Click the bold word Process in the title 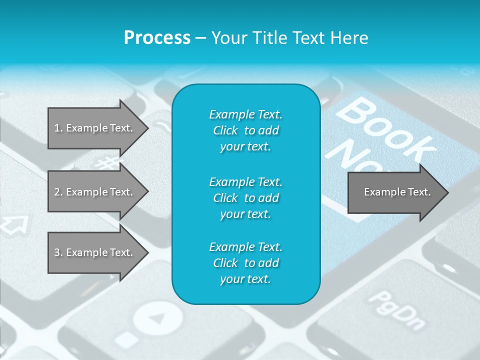tap(157, 37)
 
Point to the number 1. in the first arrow tap(58, 128)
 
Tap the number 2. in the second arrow tap(58, 192)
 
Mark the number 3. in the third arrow tap(58, 252)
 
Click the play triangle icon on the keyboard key tap(158, 318)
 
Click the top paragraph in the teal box tap(245, 130)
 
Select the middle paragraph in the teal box tap(245, 197)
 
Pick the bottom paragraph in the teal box tap(245, 263)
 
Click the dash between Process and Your tap(201, 37)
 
